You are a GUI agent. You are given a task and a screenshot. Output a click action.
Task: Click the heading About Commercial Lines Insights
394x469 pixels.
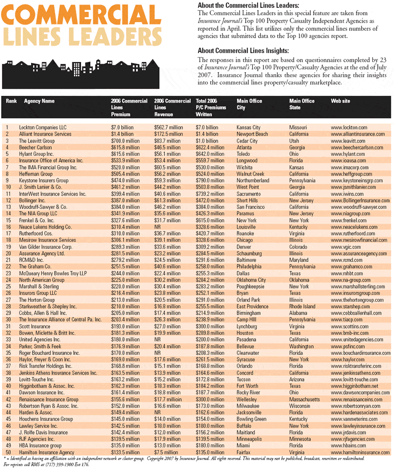[243, 51]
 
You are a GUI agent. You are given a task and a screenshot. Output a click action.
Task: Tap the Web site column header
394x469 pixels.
[340, 101]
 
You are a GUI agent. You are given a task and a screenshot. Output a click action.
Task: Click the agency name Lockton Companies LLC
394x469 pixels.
[42, 127]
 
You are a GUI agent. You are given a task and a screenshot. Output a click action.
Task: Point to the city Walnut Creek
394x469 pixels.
[250, 174]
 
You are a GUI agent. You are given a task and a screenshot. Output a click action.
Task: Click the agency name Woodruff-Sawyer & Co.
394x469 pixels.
[43, 206]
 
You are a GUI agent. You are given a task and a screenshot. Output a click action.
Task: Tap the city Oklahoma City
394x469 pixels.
[251, 280]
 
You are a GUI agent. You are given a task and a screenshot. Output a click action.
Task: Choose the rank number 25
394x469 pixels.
[8, 287]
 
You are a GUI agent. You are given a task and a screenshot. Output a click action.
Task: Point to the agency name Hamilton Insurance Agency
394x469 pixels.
[46, 452]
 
